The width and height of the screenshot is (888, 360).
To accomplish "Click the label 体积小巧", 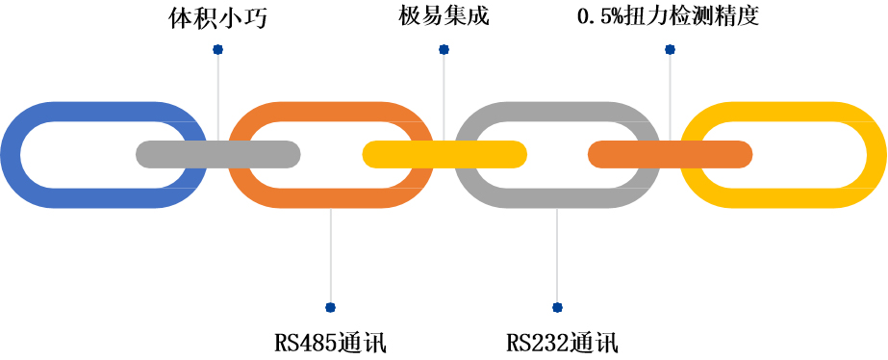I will point(217,18).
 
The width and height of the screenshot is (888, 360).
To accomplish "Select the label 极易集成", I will point(443,18).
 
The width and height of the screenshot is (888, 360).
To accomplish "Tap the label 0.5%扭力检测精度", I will point(668,18).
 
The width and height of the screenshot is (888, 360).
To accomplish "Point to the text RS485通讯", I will point(330,343).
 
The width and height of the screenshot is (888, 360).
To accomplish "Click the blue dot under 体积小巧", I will point(217,48).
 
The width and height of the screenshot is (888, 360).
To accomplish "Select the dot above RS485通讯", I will point(330,308).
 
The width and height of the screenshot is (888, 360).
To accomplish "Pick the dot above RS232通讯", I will point(556,308).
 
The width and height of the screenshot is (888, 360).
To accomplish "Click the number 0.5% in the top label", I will point(598,18).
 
